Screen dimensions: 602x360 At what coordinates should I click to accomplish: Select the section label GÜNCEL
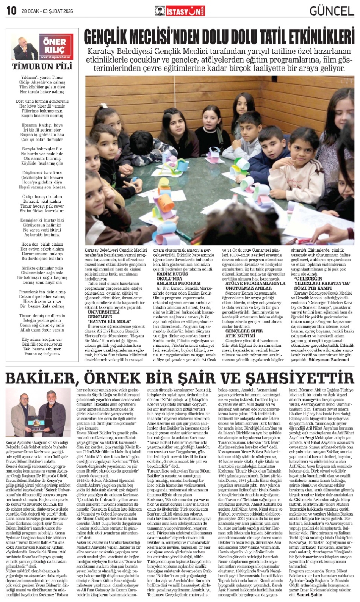point(332,11)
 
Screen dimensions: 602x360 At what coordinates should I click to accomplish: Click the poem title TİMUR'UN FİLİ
point(42,67)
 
